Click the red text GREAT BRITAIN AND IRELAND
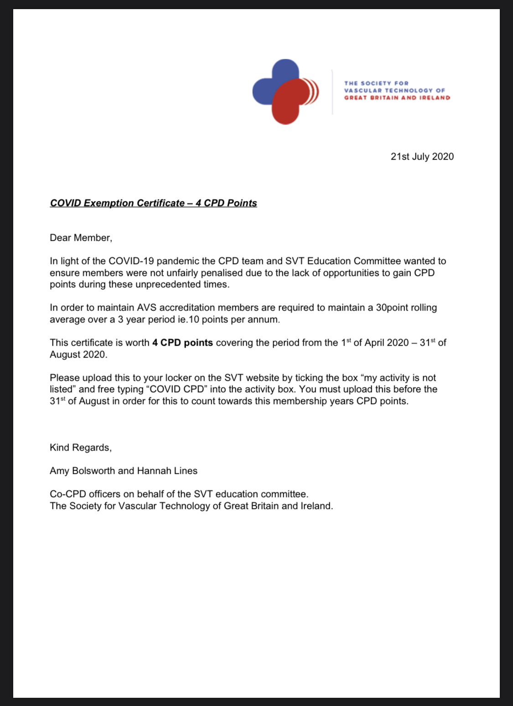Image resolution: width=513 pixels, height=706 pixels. [x=397, y=98]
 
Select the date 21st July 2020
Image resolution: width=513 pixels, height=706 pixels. [x=422, y=156]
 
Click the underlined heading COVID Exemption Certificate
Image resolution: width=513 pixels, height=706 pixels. [x=153, y=203]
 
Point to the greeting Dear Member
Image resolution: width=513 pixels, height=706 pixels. [x=81, y=238]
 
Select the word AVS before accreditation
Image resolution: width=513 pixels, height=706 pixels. [x=147, y=307]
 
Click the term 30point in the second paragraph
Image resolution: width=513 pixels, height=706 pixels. [x=393, y=307]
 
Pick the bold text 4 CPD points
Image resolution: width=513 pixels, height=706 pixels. [x=182, y=343]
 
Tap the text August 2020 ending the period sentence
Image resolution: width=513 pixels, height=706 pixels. [x=78, y=354]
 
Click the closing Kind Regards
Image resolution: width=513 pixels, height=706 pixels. [x=80, y=447]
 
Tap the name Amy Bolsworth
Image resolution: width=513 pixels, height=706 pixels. [x=82, y=471]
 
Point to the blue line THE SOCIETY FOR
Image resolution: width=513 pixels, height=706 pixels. [x=376, y=83]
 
